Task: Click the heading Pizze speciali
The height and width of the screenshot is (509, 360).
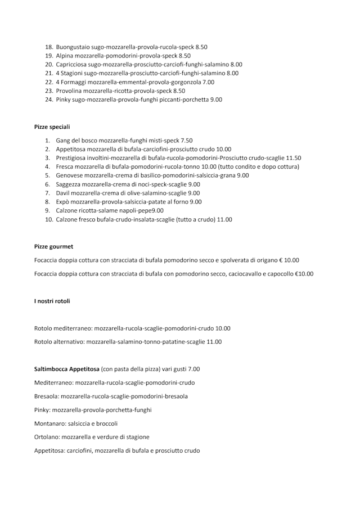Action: click(x=52, y=127)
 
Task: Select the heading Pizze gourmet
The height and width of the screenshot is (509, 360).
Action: click(x=53, y=246)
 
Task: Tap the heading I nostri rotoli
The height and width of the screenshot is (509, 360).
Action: click(x=52, y=301)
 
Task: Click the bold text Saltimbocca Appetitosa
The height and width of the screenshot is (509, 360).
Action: click(x=66, y=369)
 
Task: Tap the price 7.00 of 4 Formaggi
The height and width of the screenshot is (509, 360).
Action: click(x=208, y=82)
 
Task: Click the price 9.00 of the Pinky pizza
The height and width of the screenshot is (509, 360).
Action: click(x=216, y=100)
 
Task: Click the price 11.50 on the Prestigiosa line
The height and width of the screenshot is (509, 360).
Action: click(x=293, y=158)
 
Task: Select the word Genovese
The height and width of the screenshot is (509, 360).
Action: click(x=69, y=175)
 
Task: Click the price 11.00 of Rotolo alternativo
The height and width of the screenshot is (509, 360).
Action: click(x=214, y=341)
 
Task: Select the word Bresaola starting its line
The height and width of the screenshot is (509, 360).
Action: click(x=46, y=396)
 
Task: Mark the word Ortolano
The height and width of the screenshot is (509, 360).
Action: click(x=46, y=437)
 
